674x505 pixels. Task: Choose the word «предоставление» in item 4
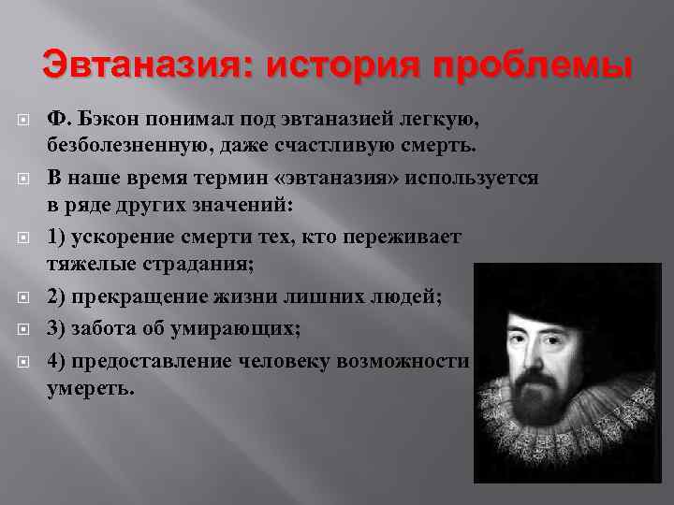click(154, 361)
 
